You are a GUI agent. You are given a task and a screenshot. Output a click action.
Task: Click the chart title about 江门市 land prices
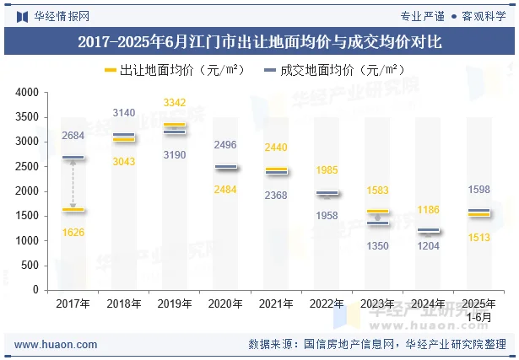click(259, 40)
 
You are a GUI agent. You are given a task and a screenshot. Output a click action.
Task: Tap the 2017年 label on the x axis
click(73, 304)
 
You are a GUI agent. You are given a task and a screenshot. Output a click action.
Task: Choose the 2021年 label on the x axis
click(276, 304)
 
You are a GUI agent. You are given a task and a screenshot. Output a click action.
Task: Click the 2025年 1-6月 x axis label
click(478, 309)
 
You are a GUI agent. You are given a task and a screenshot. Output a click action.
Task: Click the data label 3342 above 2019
click(175, 103)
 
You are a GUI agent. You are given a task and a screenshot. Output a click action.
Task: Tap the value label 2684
click(73, 136)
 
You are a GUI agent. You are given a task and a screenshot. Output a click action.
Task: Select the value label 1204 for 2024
click(428, 246)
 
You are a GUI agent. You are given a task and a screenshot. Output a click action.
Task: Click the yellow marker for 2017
click(73, 209)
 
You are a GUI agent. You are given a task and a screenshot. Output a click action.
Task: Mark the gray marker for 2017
click(73, 157)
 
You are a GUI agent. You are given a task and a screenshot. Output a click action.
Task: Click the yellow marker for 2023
click(377, 212)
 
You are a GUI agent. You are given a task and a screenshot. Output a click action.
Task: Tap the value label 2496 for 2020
click(225, 145)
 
